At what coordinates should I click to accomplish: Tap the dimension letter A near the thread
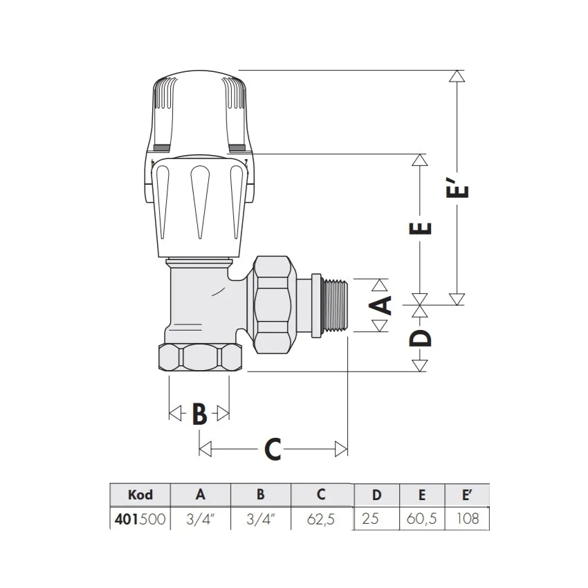click(382, 305)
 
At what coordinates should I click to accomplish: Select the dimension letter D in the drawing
click(423, 338)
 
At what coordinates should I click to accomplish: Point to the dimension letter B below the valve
click(199, 414)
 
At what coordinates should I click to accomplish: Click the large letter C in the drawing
click(273, 450)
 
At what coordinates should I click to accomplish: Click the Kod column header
click(140, 495)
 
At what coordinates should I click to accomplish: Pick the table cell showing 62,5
click(321, 518)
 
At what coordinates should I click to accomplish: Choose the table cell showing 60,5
click(421, 518)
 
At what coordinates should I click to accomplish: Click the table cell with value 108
click(468, 518)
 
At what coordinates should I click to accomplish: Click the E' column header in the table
click(468, 495)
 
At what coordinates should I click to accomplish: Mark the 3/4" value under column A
click(201, 518)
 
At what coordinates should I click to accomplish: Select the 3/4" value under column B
click(261, 518)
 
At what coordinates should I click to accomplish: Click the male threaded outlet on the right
click(335, 307)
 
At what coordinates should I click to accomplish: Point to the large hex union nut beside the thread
click(276, 304)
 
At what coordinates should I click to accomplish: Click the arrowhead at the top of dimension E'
click(454, 77)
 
